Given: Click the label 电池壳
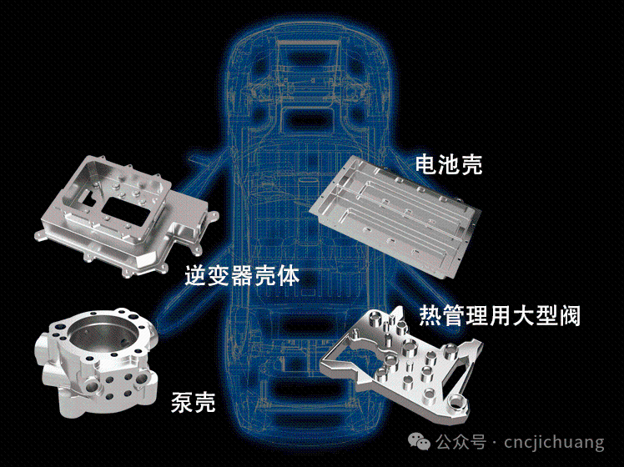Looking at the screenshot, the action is tap(449, 164).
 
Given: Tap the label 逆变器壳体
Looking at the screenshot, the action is tap(242, 275).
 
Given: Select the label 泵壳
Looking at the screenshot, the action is tap(193, 402).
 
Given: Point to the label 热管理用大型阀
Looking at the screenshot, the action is tap(500, 316).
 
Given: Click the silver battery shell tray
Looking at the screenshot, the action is tap(394, 215).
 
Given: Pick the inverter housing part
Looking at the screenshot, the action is tap(127, 215).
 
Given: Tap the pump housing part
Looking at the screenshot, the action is tap(99, 362).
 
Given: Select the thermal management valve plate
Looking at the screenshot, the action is tap(402, 358).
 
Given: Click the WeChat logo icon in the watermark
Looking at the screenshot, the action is tap(419, 442).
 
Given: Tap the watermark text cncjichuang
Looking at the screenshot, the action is tap(554, 442).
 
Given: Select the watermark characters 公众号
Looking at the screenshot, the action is tap(460, 442).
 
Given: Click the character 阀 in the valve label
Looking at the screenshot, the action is tap(570, 316).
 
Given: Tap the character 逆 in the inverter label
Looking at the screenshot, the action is tap(196, 275).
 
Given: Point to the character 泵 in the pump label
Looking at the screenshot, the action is tap(182, 402).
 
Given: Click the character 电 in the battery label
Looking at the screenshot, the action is tap(426, 164).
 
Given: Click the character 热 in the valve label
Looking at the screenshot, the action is tap(430, 316).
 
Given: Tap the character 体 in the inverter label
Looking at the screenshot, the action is tap(289, 275).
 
